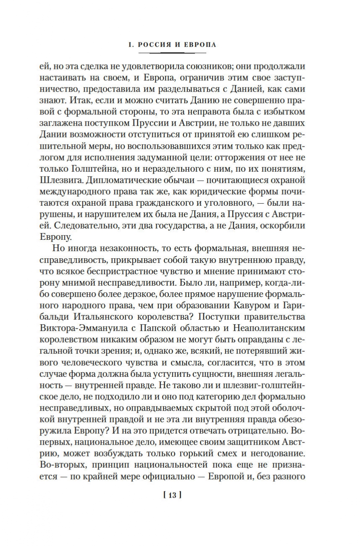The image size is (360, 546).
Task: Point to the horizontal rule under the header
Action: point(172,53)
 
